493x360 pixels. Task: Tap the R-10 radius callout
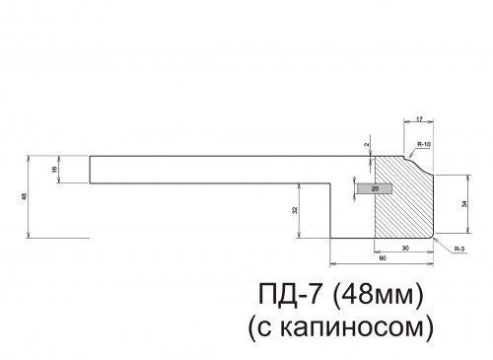click(423, 145)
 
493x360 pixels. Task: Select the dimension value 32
click(296, 210)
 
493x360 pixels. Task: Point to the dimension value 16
click(54, 170)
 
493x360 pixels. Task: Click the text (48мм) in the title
click(377, 294)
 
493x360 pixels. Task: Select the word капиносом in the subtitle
click(346, 324)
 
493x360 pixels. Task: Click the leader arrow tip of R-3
click(435, 237)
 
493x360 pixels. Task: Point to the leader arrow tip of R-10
click(410, 158)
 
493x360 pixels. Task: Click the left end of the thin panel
click(90, 170)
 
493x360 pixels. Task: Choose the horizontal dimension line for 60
click(382, 263)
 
